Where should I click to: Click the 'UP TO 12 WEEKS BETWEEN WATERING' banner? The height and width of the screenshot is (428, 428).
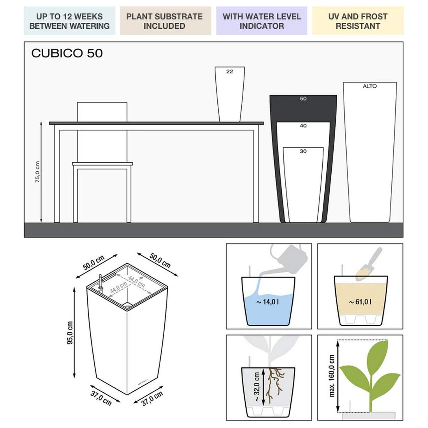point(69,21)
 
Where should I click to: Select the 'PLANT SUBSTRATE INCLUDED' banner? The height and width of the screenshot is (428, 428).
point(165,21)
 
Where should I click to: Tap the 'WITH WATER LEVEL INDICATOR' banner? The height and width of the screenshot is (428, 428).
point(261,21)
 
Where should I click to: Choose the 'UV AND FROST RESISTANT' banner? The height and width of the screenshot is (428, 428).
point(358,21)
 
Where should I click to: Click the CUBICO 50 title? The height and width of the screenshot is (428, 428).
point(67,53)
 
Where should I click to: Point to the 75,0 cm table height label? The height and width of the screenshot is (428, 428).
point(37,172)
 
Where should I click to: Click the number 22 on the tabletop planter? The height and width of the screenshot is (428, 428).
point(230,72)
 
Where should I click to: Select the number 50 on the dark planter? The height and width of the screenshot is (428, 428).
point(303,99)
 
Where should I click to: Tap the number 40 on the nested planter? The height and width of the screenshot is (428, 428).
point(303,125)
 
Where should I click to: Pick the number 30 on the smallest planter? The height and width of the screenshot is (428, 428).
point(303,151)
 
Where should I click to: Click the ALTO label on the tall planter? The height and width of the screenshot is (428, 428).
point(369,86)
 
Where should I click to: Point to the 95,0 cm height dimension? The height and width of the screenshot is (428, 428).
point(70,332)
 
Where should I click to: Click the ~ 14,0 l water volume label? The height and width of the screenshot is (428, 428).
point(268,302)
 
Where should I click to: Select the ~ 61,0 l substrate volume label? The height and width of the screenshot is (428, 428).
point(360,302)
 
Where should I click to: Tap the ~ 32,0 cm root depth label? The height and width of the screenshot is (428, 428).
point(257,387)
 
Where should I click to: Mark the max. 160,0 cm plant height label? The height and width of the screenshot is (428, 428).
point(332,376)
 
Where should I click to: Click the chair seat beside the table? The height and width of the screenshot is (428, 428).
point(102,164)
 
